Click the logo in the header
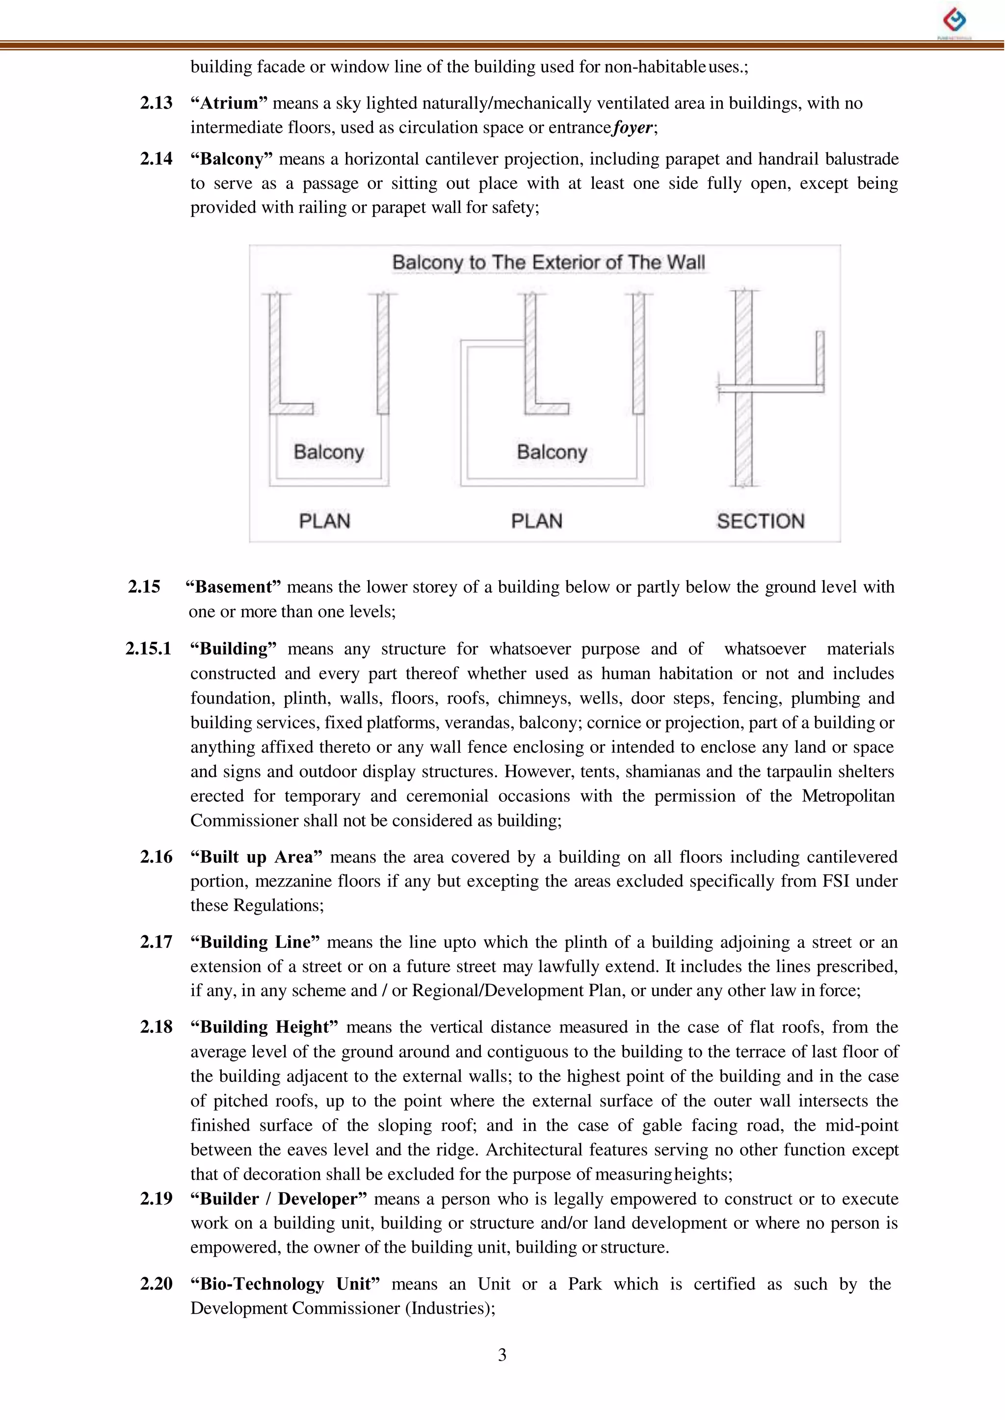(954, 21)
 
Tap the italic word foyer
(633, 128)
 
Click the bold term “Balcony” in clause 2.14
(231, 159)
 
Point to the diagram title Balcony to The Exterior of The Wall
(548, 263)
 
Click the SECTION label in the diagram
(760, 521)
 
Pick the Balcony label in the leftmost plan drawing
(329, 452)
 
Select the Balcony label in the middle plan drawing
(552, 452)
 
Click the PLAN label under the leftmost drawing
(324, 521)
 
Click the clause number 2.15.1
(148, 649)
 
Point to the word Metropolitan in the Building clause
(848, 796)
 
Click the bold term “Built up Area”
(256, 857)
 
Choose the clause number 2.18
(156, 1027)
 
